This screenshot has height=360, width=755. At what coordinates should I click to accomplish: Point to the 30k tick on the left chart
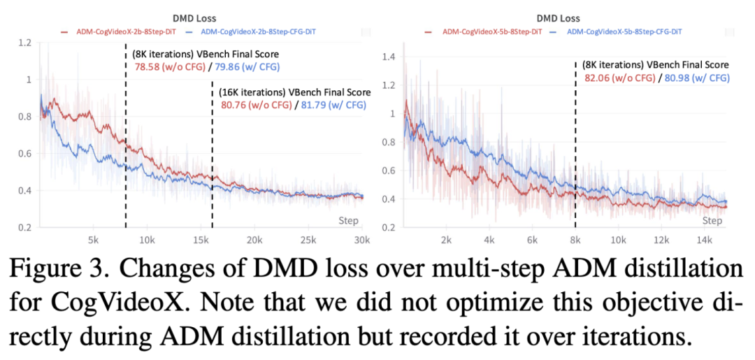[361, 239]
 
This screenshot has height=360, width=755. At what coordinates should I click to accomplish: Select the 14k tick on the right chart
[704, 239]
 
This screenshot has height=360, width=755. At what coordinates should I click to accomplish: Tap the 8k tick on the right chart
[575, 239]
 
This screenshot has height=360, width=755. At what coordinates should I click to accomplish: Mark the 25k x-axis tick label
[307, 239]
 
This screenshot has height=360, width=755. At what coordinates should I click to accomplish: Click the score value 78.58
[148, 67]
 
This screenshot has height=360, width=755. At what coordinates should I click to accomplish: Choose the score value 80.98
[678, 78]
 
